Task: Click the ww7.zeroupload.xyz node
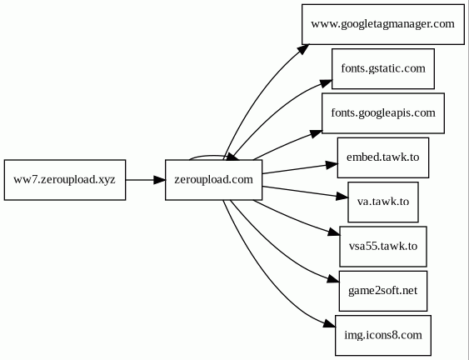(x=65, y=180)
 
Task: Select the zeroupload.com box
(x=213, y=180)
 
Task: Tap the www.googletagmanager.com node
(x=383, y=24)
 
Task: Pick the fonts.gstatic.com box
(x=383, y=69)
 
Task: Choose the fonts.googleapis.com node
(x=383, y=113)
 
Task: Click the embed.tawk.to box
(x=383, y=157)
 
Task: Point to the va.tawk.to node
(x=383, y=202)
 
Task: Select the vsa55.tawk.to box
(x=383, y=247)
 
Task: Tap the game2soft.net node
(x=383, y=291)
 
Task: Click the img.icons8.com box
(x=383, y=336)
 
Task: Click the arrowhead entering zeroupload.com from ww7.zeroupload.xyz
(x=159, y=180)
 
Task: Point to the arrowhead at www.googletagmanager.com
(x=303, y=49)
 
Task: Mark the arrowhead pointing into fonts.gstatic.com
(x=326, y=83)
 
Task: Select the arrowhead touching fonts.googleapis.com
(x=316, y=133)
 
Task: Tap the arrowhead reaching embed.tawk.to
(x=332, y=165)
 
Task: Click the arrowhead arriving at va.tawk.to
(x=342, y=197)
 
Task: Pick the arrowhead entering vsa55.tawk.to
(x=334, y=232)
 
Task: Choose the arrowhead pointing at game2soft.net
(x=333, y=279)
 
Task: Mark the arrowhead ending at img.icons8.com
(x=330, y=324)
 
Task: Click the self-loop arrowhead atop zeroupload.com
(x=232, y=157)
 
